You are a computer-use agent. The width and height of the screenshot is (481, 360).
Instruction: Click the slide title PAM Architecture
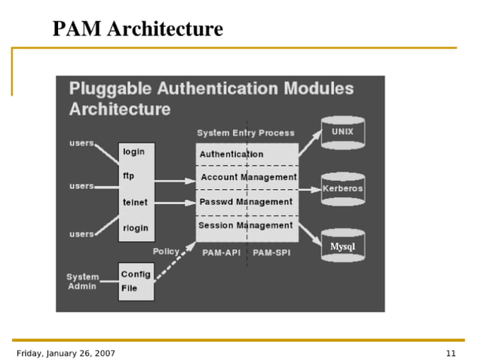tap(137, 29)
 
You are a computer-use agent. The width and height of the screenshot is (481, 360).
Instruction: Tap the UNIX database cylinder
tap(342, 133)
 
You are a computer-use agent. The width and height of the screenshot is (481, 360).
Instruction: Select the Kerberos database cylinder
tap(342, 188)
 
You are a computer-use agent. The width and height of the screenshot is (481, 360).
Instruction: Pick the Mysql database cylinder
tap(342, 246)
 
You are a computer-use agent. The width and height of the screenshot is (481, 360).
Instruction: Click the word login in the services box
tap(133, 151)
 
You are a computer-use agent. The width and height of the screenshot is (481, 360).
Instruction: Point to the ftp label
tap(129, 176)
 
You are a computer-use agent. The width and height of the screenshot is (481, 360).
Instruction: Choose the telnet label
tap(135, 203)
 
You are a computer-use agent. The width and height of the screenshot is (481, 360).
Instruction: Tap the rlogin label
tap(136, 228)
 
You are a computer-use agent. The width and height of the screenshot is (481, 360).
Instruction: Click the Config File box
tap(136, 281)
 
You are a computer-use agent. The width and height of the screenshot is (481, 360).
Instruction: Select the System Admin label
tap(82, 282)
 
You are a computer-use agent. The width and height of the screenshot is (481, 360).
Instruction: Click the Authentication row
tap(231, 154)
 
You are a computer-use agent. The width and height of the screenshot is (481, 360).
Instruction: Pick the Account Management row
tap(248, 177)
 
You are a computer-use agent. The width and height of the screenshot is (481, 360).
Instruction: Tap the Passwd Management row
tap(245, 202)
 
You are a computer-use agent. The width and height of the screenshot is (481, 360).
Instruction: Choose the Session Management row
tap(245, 225)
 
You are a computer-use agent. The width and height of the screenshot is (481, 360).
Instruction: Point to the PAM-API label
tap(222, 252)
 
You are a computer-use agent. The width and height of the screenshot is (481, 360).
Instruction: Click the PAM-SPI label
tap(271, 252)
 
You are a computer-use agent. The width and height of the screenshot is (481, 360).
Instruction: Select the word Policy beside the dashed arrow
tap(166, 251)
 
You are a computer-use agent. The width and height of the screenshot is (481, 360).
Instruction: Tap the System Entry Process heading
tap(246, 133)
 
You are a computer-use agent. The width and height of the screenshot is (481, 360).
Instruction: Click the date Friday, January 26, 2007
tap(66, 353)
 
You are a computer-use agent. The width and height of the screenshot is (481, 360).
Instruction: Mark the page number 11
tap(451, 353)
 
